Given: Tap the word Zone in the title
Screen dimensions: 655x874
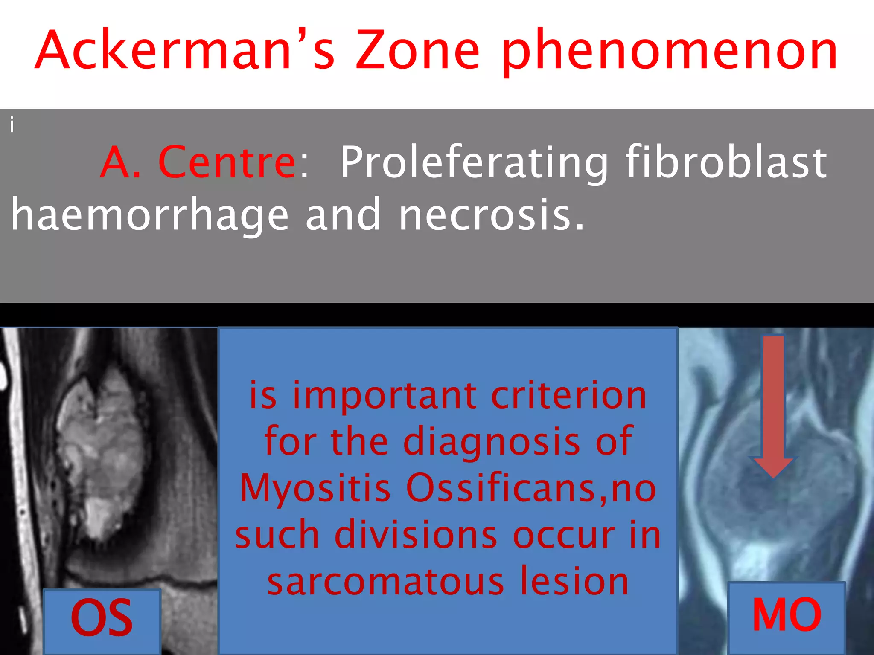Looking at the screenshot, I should point(418,50).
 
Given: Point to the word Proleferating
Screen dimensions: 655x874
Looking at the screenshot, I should point(474,163).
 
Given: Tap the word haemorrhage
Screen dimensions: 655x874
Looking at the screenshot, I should point(149,215).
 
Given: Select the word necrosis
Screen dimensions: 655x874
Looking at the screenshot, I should point(491,215).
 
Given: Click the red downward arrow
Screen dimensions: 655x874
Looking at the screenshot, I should point(773,405).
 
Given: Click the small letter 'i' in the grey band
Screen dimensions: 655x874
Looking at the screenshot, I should point(12,125).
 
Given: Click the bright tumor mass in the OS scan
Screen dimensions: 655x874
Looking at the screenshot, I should point(100,452).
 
